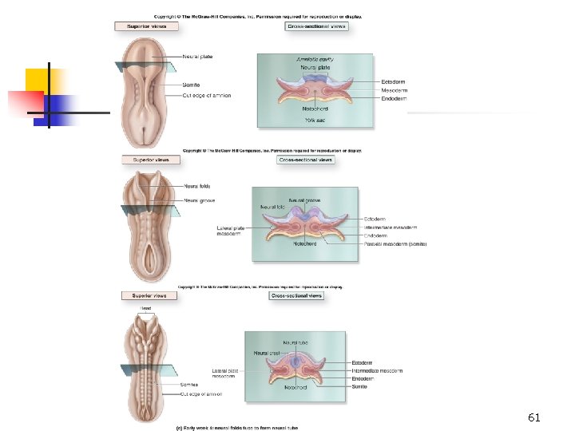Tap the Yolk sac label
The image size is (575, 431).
click(x=315, y=120)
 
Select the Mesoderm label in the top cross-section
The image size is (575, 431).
click(x=395, y=90)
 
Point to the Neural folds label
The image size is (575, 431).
click(x=196, y=186)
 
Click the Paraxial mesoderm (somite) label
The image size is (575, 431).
click(x=395, y=244)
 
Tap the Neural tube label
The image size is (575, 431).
click(x=295, y=342)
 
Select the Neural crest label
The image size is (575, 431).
click(x=266, y=352)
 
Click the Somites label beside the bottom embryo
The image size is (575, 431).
click(x=189, y=385)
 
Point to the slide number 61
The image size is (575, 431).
click(x=534, y=417)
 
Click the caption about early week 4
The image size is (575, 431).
click(x=237, y=427)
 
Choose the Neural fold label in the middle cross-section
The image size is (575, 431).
click(x=271, y=208)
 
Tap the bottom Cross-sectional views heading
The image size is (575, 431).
click(x=296, y=295)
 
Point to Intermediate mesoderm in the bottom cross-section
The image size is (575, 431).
click(x=377, y=371)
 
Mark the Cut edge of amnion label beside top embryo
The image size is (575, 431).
click(x=206, y=96)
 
